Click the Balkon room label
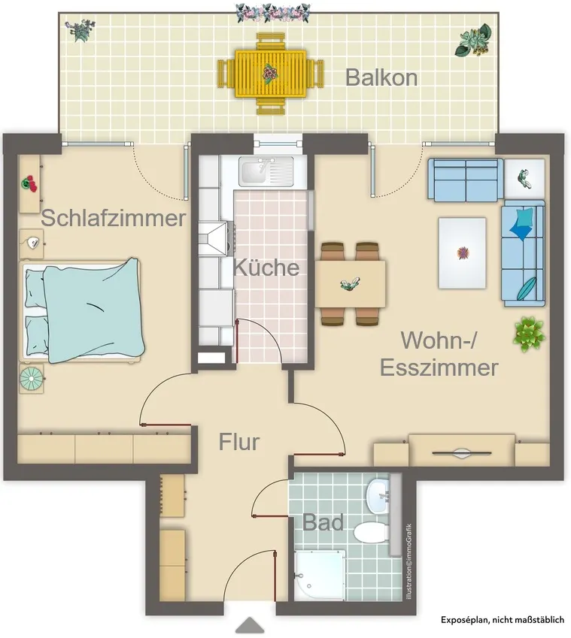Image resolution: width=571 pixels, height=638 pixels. pyautogui.click(x=381, y=77)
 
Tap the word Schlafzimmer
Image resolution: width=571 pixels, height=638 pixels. pyautogui.click(x=114, y=218)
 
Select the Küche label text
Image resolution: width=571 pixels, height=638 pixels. pyautogui.click(x=266, y=268)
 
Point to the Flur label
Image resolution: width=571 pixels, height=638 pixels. pyautogui.click(x=239, y=441)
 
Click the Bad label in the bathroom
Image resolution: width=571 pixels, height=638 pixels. pyautogui.click(x=323, y=522)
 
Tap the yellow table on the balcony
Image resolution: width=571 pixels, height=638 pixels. pyautogui.click(x=270, y=74)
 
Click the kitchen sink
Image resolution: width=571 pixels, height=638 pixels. pyautogui.click(x=266, y=172)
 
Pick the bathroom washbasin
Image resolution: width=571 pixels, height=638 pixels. pyautogui.click(x=378, y=496)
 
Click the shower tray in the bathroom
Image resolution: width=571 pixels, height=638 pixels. pyautogui.click(x=320, y=576)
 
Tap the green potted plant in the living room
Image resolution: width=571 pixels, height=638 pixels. pyautogui.click(x=529, y=334)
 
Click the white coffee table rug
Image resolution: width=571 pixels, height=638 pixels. pyautogui.click(x=462, y=253)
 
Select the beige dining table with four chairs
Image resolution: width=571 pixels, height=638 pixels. pyautogui.click(x=351, y=284)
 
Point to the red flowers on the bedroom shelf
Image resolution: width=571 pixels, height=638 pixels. pyautogui.click(x=29, y=183)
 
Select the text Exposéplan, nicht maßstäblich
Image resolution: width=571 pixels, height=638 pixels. pyautogui.click(x=503, y=620)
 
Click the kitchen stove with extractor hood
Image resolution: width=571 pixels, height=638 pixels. pyautogui.click(x=215, y=238)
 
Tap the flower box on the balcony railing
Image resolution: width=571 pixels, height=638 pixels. pyautogui.click(x=272, y=13)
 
